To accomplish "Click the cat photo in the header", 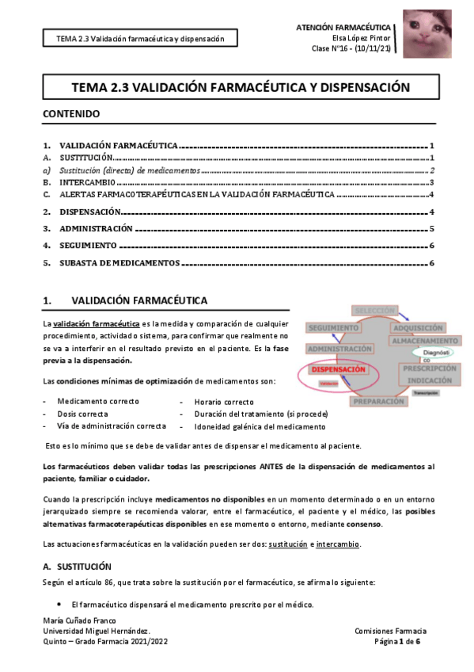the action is (427, 34).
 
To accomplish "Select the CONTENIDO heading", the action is (71, 114).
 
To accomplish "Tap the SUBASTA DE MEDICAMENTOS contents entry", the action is (119, 262).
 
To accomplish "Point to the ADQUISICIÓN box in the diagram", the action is (423, 327).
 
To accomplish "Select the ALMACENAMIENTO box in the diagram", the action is (423, 341).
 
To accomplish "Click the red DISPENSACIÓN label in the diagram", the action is (338, 369).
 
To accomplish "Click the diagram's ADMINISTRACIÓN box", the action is (329, 348).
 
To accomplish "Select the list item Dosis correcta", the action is (83, 414).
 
